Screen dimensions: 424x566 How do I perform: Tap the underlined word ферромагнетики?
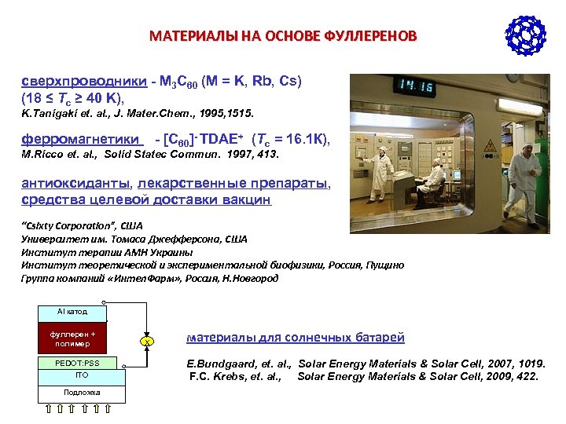pos(80,139)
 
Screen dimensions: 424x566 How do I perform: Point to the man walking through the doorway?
pos(524,177)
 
